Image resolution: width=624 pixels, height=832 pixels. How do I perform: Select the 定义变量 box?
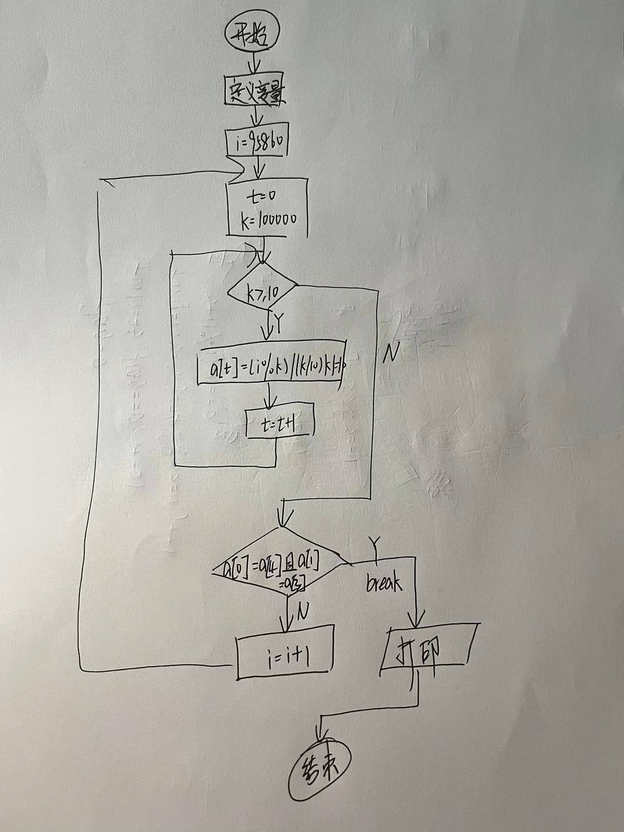[255, 89]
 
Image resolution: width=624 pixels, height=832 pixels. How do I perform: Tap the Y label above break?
[375, 543]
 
